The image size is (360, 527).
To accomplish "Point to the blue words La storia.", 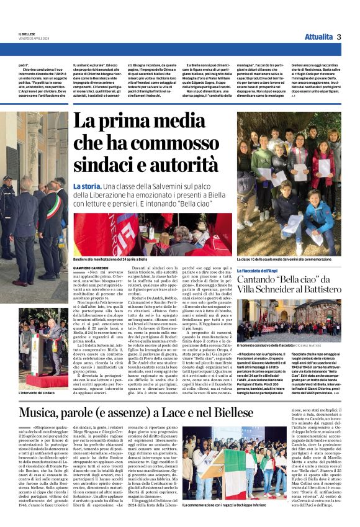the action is (86, 186).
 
